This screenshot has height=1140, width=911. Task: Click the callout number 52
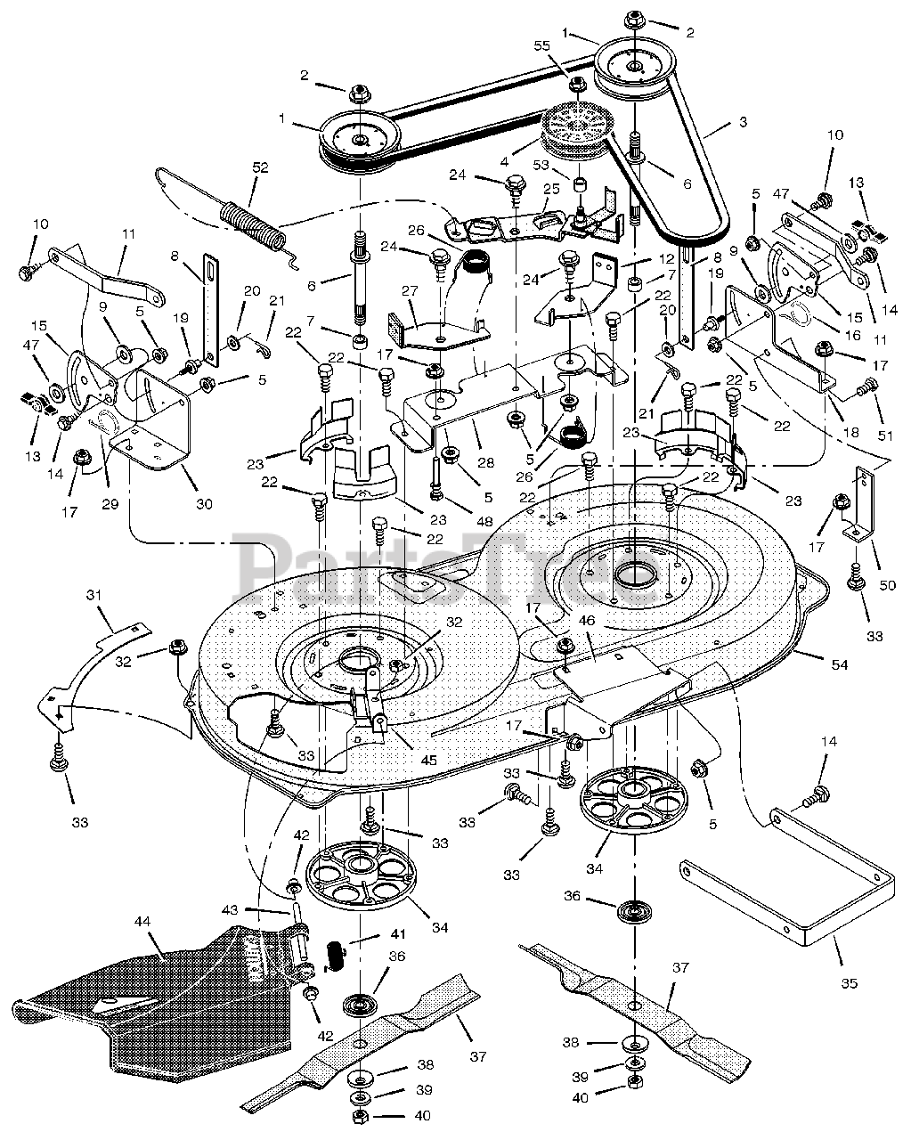[261, 167]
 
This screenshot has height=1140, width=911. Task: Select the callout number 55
[541, 46]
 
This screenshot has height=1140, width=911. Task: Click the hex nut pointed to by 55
[577, 84]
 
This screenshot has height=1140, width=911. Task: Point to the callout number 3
[743, 122]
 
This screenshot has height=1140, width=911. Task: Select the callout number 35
[849, 983]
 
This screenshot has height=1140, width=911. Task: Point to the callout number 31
[94, 595]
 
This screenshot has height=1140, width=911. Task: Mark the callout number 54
[840, 664]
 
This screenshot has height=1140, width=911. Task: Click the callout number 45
[428, 761]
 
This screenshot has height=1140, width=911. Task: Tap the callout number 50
[888, 585]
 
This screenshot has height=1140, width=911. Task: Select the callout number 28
[485, 462]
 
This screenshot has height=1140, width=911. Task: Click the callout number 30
[205, 504]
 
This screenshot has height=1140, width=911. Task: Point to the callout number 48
[484, 521]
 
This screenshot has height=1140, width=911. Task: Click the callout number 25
[551, 189]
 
